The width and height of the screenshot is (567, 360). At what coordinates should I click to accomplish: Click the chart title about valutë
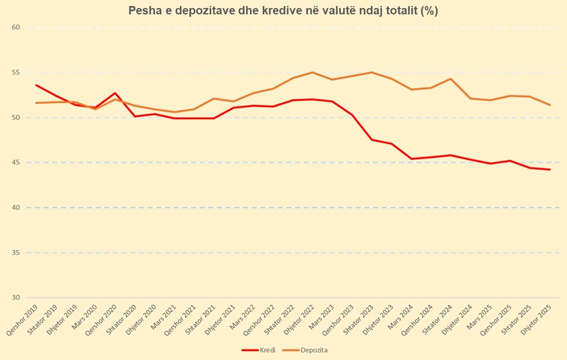coord(283,11)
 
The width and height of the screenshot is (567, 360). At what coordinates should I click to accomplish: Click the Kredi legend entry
coord(259,350)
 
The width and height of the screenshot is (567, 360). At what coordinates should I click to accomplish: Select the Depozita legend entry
coord(305,350)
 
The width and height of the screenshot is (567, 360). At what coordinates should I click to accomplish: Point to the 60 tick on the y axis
coord(15,27)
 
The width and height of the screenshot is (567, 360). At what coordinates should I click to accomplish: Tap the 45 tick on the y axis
coord(15,163)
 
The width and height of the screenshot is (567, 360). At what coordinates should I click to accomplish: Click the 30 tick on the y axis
coord(15,297)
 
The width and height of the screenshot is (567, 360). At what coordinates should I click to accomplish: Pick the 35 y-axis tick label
coord(15,252)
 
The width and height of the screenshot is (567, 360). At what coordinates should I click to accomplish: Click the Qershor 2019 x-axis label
coord(22,320)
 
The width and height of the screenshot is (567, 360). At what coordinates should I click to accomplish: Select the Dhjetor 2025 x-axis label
coord(536,319)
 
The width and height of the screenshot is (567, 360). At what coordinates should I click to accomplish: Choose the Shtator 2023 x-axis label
coord(358,319)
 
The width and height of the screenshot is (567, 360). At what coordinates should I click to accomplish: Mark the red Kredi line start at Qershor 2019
coord(36,85)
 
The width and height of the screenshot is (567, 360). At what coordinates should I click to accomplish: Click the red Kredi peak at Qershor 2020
coord(115,93)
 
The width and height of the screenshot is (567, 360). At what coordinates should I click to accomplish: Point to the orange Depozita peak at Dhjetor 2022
coord(312,72)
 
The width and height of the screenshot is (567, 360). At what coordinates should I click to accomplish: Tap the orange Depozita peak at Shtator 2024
coord(451,78)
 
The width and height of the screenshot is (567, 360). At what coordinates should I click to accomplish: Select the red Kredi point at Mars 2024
coord(411,159)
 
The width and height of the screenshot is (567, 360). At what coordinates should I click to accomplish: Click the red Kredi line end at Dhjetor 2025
coord(550,169)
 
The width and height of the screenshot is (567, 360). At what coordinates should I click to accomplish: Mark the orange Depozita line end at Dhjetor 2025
coord(550,105)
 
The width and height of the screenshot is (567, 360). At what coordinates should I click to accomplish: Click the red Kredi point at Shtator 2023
coord(372,140)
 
